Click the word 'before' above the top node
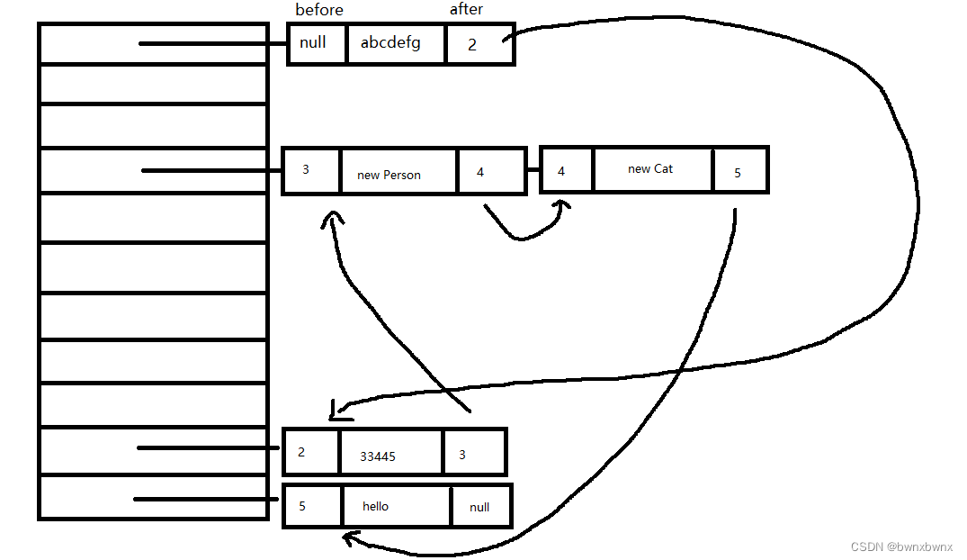point(319,10)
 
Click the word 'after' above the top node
point(466,9)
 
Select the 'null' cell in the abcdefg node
point(313,42)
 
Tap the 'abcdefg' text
point(390,42)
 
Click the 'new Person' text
point(389,175)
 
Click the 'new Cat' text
point(650,168)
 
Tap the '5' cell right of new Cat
point(738,172)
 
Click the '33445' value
point(378,456)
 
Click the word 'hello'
point(376,506)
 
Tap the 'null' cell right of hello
point(479,507)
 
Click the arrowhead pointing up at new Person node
point(334,217)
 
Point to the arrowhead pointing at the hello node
point(349,538)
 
